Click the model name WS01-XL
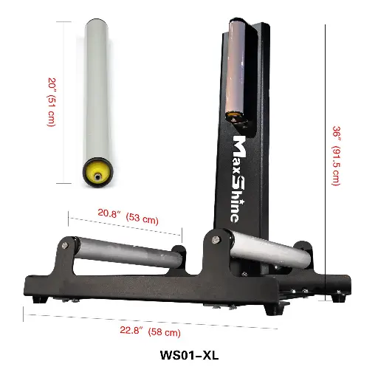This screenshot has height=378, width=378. coord(189,354)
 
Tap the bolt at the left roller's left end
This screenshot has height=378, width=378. coord(67,246)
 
